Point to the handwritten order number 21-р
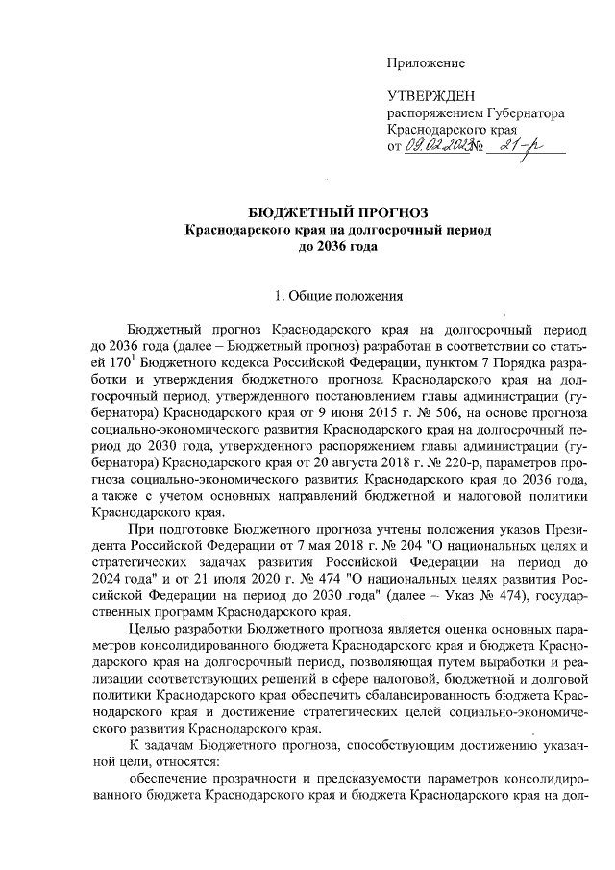click(525, 145)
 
